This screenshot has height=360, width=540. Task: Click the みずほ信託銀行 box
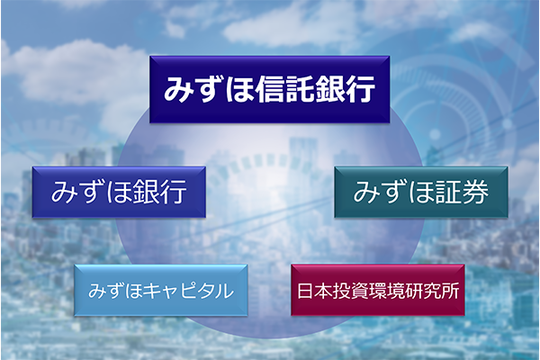click(x=270, y=89)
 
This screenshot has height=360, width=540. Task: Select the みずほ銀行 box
click(x=119, y=192)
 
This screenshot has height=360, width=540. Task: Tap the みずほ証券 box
click(x=421, y=192)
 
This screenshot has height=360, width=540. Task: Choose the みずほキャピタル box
click(x=161, y=290)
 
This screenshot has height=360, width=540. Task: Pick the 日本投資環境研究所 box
click(x=378, y=290)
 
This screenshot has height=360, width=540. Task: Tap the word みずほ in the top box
click(x=210, y=89)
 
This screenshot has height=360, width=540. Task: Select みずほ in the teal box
click(x=392, y=192)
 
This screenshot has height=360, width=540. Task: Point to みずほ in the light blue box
click(x=115, y=291)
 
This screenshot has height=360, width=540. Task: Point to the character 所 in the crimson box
click(x=450, y=291)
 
